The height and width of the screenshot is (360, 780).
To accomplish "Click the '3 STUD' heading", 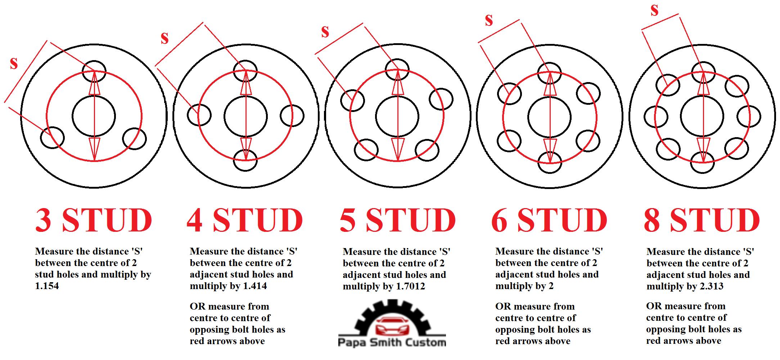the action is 94,220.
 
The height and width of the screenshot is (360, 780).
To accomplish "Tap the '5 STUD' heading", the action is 398,220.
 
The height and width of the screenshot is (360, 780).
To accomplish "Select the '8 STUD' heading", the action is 702,220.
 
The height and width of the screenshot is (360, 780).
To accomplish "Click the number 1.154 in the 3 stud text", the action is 47,286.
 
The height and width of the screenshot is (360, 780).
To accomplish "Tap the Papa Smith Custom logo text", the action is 392,342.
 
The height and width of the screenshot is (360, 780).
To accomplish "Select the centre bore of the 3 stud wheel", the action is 94,116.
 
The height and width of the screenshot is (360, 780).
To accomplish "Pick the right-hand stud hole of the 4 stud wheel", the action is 292,116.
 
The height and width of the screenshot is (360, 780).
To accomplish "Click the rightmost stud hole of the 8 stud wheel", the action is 749,117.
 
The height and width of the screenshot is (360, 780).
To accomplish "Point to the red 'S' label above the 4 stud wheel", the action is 164,38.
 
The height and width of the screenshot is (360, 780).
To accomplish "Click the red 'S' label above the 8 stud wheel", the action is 654,10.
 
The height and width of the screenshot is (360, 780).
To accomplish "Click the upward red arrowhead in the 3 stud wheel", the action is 94,84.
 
